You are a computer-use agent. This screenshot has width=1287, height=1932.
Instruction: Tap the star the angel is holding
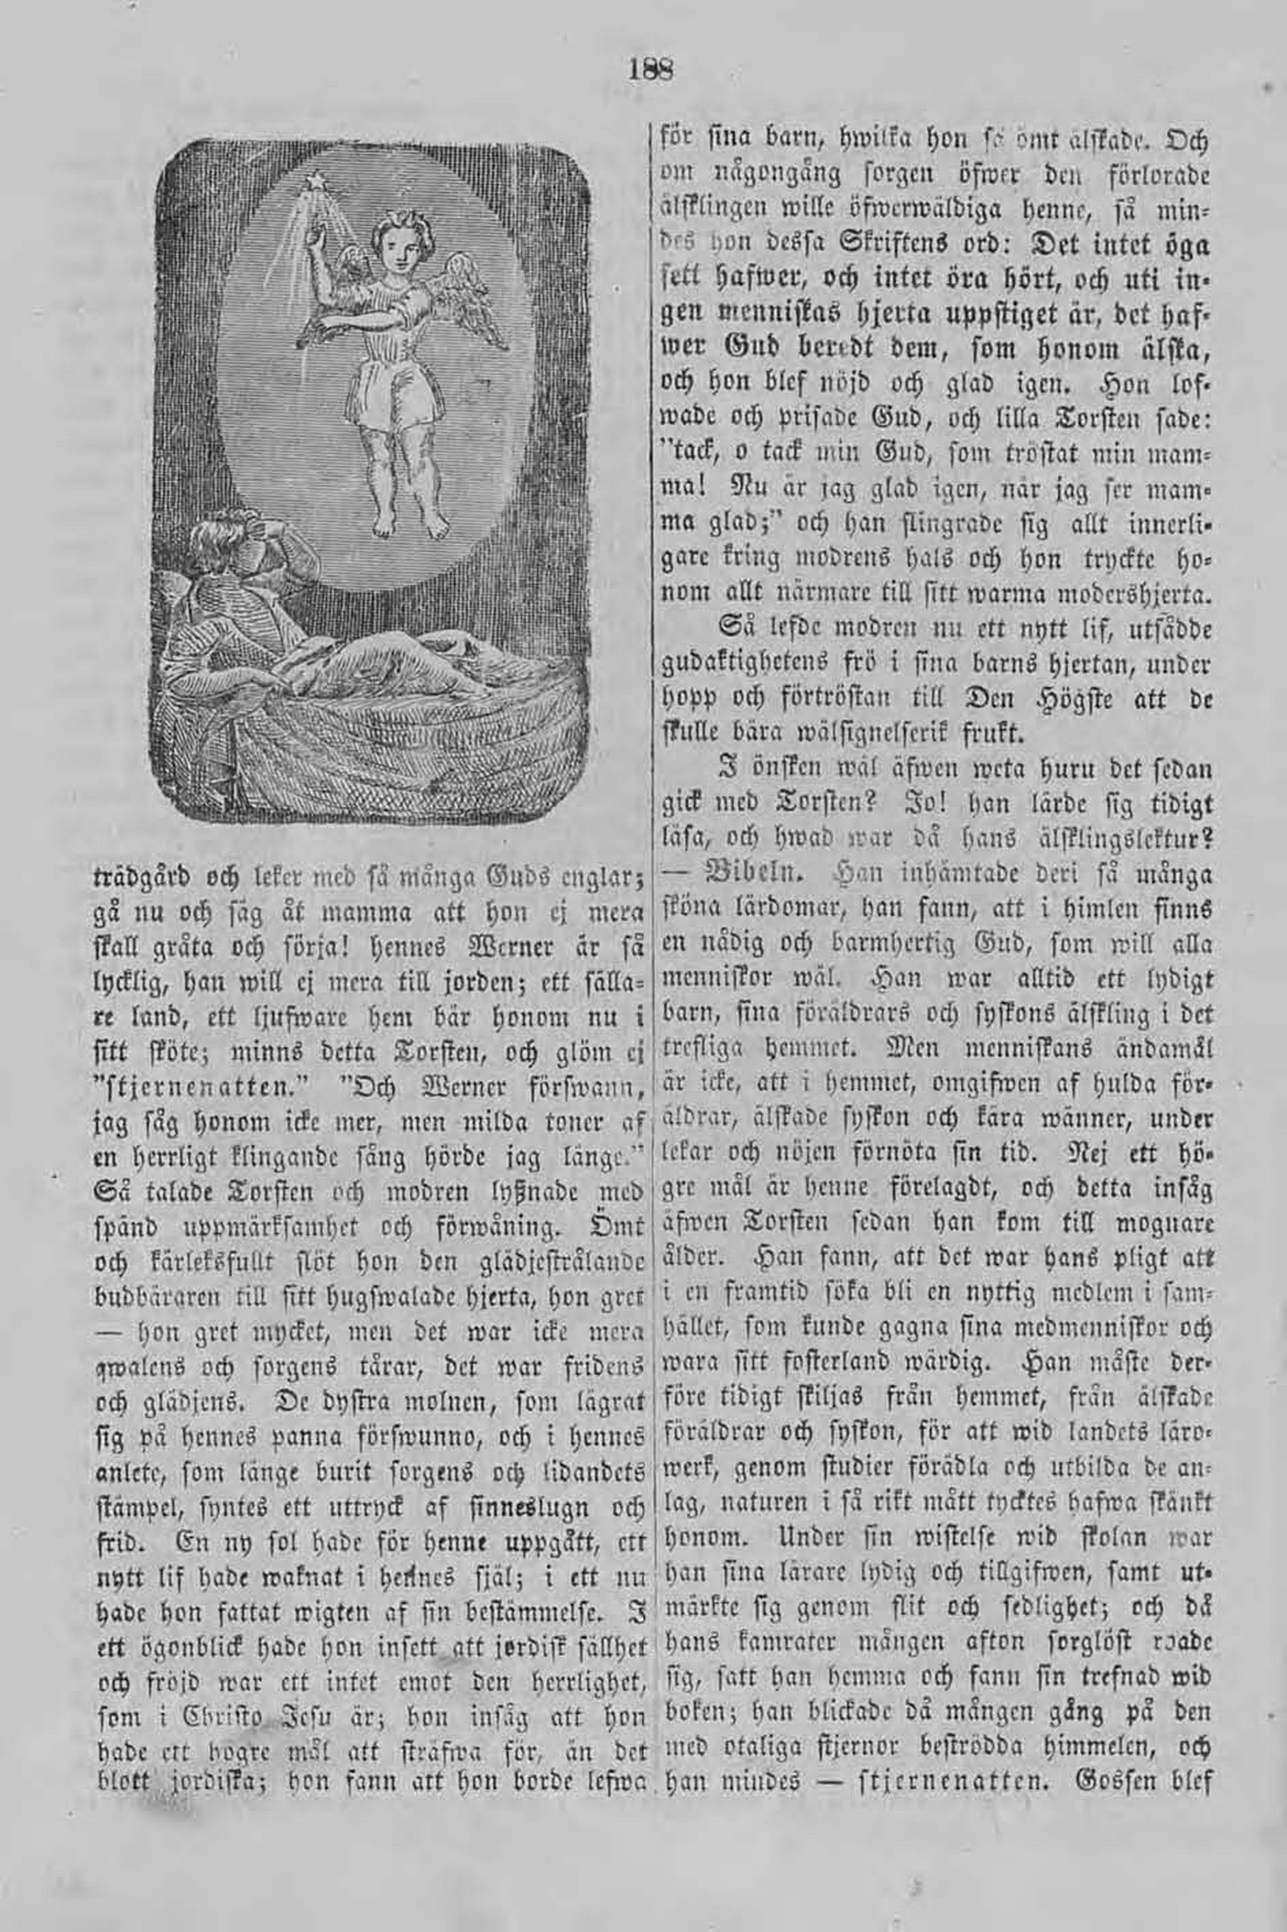click(x=312, y=180)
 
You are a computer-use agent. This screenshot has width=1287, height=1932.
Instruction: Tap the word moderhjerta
click(x=1117, y=592)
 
